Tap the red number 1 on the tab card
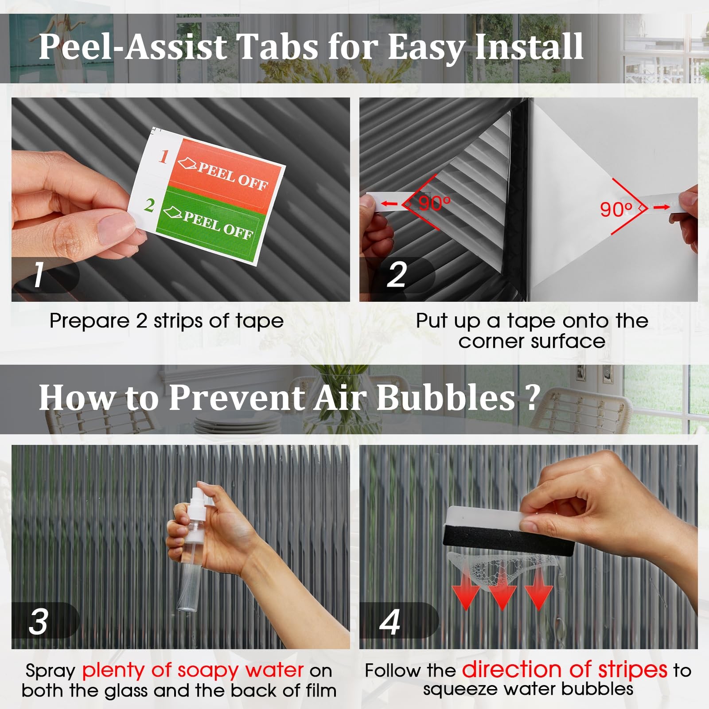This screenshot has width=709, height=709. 164,156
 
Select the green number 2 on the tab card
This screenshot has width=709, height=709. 149,206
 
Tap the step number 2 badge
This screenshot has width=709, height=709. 397,275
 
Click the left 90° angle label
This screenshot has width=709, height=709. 435,203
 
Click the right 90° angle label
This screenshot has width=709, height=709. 616,209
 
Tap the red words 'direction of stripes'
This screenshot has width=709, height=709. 565,670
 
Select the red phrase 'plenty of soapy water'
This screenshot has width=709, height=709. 193,670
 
